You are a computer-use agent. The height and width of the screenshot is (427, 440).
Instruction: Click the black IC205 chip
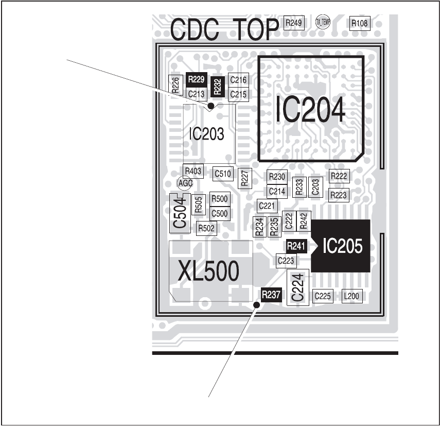(x=342, y=246)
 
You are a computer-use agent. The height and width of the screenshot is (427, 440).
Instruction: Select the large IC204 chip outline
(x=310, y=107)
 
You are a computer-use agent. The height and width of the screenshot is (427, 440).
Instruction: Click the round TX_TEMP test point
(x=323, y=22)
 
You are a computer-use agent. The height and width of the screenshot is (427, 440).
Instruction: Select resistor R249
(x=295, y=23)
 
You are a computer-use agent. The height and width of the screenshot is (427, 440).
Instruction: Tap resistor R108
(x=359, y=23)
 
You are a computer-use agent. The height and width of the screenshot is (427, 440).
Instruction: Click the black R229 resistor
(x=196, y=79)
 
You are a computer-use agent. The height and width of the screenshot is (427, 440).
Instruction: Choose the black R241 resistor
(x=296, y=246)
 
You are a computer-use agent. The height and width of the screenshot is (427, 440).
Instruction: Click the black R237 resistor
(x=271, y=295)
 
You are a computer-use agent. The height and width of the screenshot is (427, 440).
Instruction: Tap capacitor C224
(x=298, y=287)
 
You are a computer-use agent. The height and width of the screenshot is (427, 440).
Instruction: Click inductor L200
(x=352, y=296)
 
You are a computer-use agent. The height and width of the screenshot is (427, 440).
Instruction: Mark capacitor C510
(x=223, y=174)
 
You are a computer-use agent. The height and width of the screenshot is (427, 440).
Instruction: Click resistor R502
(x=206, y=228)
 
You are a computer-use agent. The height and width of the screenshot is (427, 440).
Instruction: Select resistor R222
(x=339, y=176)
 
